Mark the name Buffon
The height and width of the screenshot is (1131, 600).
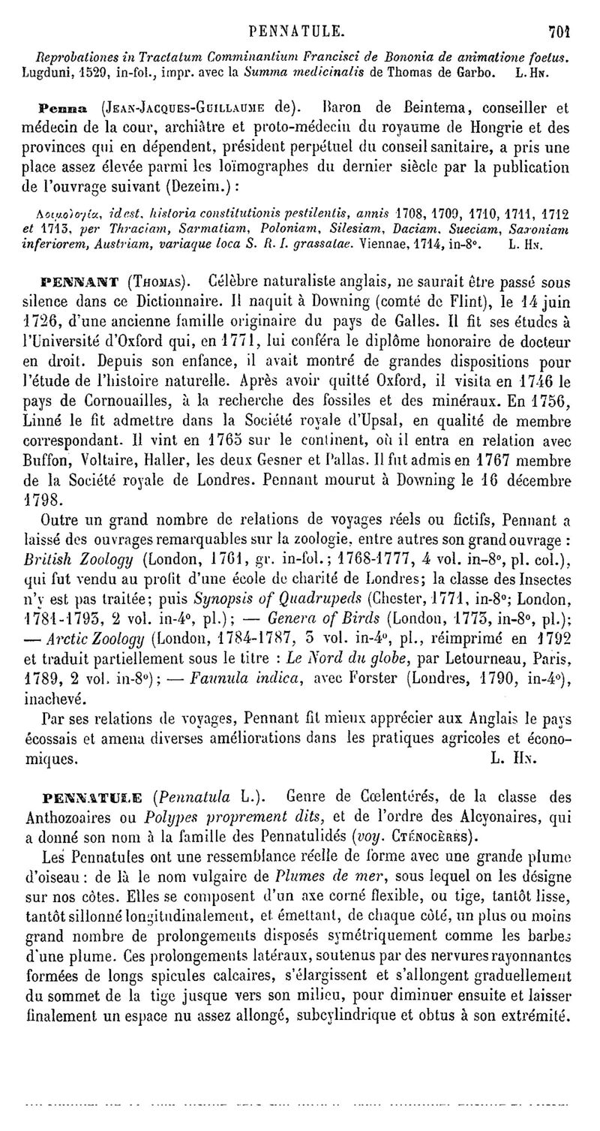click(x=58, y=459)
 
